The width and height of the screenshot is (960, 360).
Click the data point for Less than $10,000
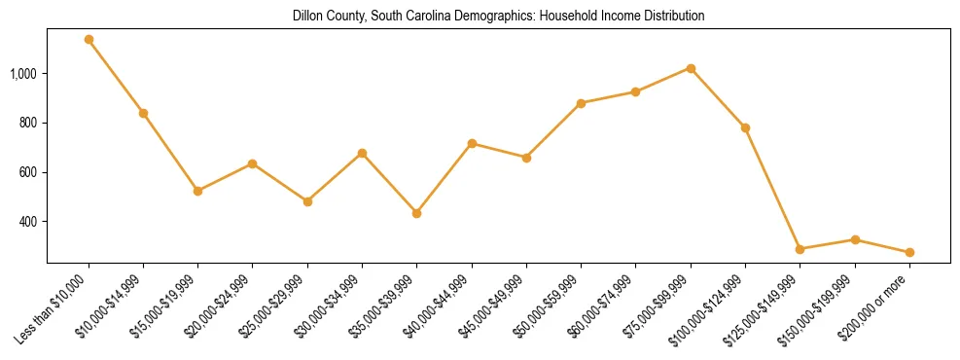pos(89,40)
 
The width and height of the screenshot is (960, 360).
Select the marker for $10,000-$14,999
pos(143,113)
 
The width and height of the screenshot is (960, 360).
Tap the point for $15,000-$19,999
pos(198,191)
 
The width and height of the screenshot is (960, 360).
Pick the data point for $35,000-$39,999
pos(417,213)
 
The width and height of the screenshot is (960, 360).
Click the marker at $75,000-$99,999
pos(691,68)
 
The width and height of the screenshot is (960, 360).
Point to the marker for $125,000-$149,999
pos(800,249)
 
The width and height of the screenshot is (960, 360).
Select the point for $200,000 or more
pos(909,252)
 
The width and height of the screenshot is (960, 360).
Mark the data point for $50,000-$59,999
pos(581,103)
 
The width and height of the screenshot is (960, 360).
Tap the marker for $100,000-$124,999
pos(745,127)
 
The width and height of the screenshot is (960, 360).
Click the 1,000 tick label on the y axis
pos(23,74)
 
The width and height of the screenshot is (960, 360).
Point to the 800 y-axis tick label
pos(27,124)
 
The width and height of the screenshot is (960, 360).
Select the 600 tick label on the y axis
pos(27,172)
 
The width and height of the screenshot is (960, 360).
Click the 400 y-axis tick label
pos(27,222)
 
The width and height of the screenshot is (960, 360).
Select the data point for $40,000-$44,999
pos(472,143)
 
